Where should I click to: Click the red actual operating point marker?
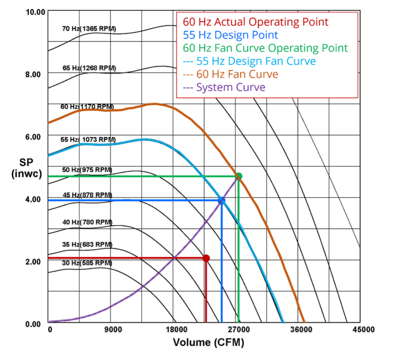pyautogui.click(x=206, y=258)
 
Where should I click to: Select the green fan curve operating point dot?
pyautogui.click(x=239, y=176)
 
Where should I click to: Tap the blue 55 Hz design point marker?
pyautogui.click(x=221, y=200)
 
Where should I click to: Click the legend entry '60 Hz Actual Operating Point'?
pyautogui.click(x=256, y=22)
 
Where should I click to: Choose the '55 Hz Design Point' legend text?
pyautogui.click(x=230, y=35)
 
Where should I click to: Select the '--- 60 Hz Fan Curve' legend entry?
pyautogui.click(x=230, y=74)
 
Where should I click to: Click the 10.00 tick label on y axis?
pyautogui.click(x=34, y=12)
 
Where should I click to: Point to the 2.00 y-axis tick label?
pyautogui.click(x=33, y=261)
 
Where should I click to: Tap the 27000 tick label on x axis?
pyautogui.click(x=238, y=330)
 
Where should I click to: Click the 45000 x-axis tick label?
pyautogui.click(x=363, y=330)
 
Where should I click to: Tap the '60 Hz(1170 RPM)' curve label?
pyautogui.click(x=87, y=107)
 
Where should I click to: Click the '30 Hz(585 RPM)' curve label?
pyautogui.click(x=87, y=263)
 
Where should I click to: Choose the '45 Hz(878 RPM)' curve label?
pyautogui.click(x=87, y=195)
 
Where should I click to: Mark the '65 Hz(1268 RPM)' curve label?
pyautogui.click(x=89, y=68)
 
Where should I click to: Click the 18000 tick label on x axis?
pyautogui.click(x=176, y=330)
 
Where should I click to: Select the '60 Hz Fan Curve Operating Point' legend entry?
pyautogui.click(x=266, y=48)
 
